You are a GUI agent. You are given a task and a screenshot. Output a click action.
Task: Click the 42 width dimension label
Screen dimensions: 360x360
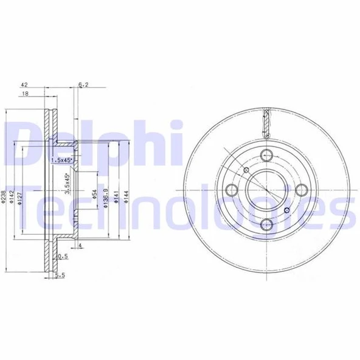24,86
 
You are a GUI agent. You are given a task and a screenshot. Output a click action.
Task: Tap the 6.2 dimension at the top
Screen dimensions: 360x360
84,86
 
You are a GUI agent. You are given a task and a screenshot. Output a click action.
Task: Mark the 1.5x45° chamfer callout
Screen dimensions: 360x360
61,160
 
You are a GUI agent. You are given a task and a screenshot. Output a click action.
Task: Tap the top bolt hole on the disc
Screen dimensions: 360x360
266,155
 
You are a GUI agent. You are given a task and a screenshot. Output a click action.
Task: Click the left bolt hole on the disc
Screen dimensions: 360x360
232,190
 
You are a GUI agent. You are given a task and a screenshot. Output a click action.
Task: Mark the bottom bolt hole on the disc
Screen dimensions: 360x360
266,224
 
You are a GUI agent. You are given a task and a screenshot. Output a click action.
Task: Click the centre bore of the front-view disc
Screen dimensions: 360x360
266,190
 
